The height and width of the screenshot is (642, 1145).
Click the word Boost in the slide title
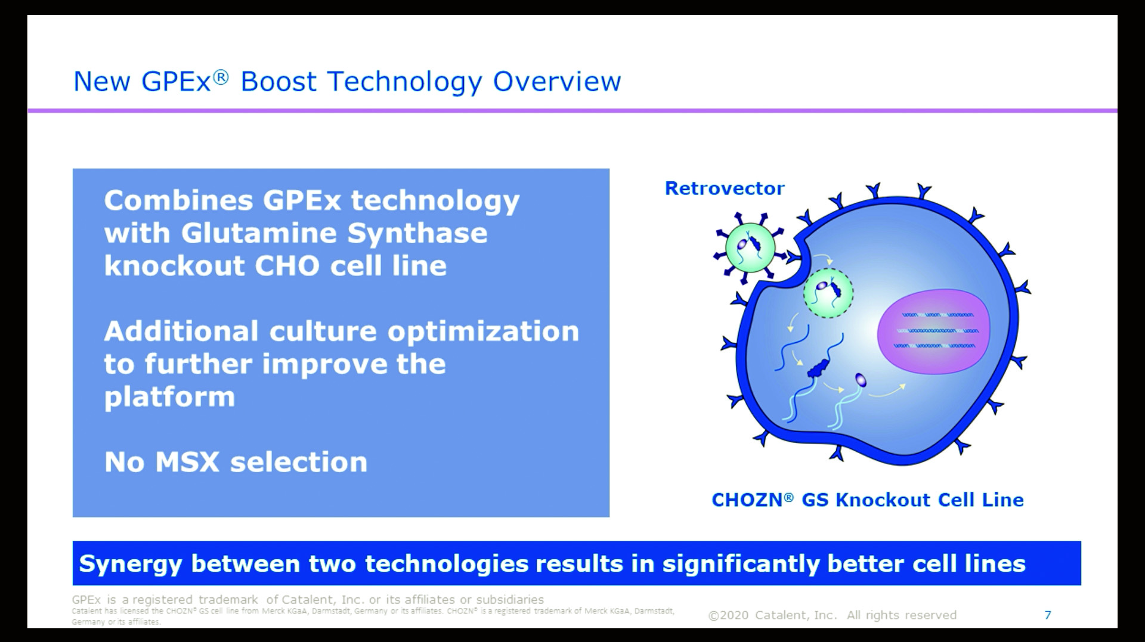pyautogui.click(x=278, y=82)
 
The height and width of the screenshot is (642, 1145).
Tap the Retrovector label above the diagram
pyautogui.click(x=725, y=188)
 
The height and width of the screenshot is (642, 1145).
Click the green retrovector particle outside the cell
pyautogui.click(x=750, y=247)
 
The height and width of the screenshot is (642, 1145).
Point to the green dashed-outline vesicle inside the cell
pyautogui.click(x=828, y=293)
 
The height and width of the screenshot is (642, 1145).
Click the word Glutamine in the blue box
pyautogui.click(x=259, y=233)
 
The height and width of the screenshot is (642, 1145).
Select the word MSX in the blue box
pyautogui.click(x=187, y=462)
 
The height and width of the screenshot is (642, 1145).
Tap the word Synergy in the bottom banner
pyautogui.click(x=130, y=565)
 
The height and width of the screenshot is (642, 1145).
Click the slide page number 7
pyautogui.click(x=1048, y=615)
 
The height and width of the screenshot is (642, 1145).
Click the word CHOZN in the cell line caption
pyautogui.click(x=747, y=500)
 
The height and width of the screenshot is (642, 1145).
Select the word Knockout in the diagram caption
pyautogui.click(x=882, y=500)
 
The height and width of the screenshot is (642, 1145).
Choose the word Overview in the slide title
pyautogui.click(x=557, y=82)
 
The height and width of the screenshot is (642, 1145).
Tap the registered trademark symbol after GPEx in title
pyautogui.click(x=221, y=77)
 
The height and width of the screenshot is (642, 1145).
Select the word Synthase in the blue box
pyautogui.click(x=417, y=234)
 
